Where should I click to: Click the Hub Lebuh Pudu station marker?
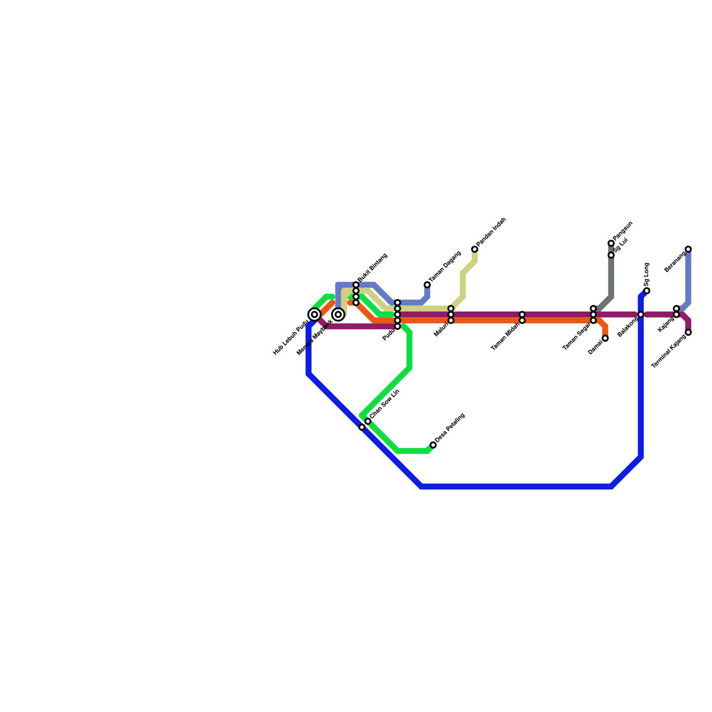(315, 315)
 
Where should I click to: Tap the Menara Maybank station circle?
(339, 315)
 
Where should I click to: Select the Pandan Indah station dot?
(475, 249)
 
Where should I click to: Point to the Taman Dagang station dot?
(427, 285)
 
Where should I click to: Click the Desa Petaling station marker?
(433, 445)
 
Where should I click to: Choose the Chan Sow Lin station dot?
(368, 421)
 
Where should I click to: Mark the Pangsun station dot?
(611, 243)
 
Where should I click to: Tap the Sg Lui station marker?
(611, 255)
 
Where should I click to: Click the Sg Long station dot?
(647, 291)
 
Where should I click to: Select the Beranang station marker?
(688, 249)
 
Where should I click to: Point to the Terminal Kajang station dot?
(688, 332)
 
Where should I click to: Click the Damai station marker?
(605, 338)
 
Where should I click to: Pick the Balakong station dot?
(641, 315)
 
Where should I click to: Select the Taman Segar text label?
(577, 336)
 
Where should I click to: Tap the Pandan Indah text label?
(492, 232)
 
